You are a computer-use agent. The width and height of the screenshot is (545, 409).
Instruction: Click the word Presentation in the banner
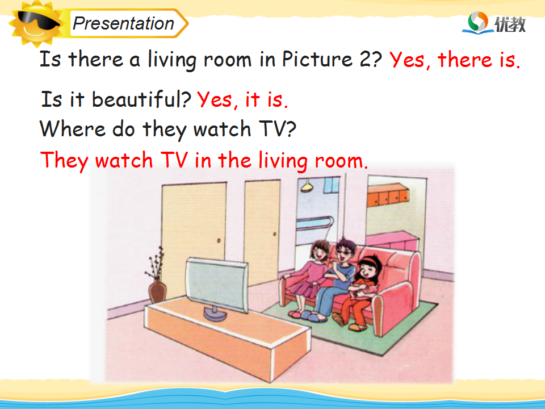tap(123, 24)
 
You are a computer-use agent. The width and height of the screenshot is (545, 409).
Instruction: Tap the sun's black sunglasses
tap(37, 20)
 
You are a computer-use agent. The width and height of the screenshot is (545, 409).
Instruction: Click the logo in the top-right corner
tap(494, 23)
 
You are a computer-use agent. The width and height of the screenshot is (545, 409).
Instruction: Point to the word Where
tap(72, 129)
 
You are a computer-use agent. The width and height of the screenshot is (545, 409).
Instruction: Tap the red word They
tap(64, 161)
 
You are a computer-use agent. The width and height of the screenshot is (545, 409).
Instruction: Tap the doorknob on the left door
tap(219, 240)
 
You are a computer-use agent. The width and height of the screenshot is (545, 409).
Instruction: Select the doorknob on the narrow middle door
tap(274, 235)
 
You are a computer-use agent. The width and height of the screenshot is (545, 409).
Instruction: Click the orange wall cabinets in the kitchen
tap(388, 195)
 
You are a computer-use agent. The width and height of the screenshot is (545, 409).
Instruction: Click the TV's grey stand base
tap(215, 314)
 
